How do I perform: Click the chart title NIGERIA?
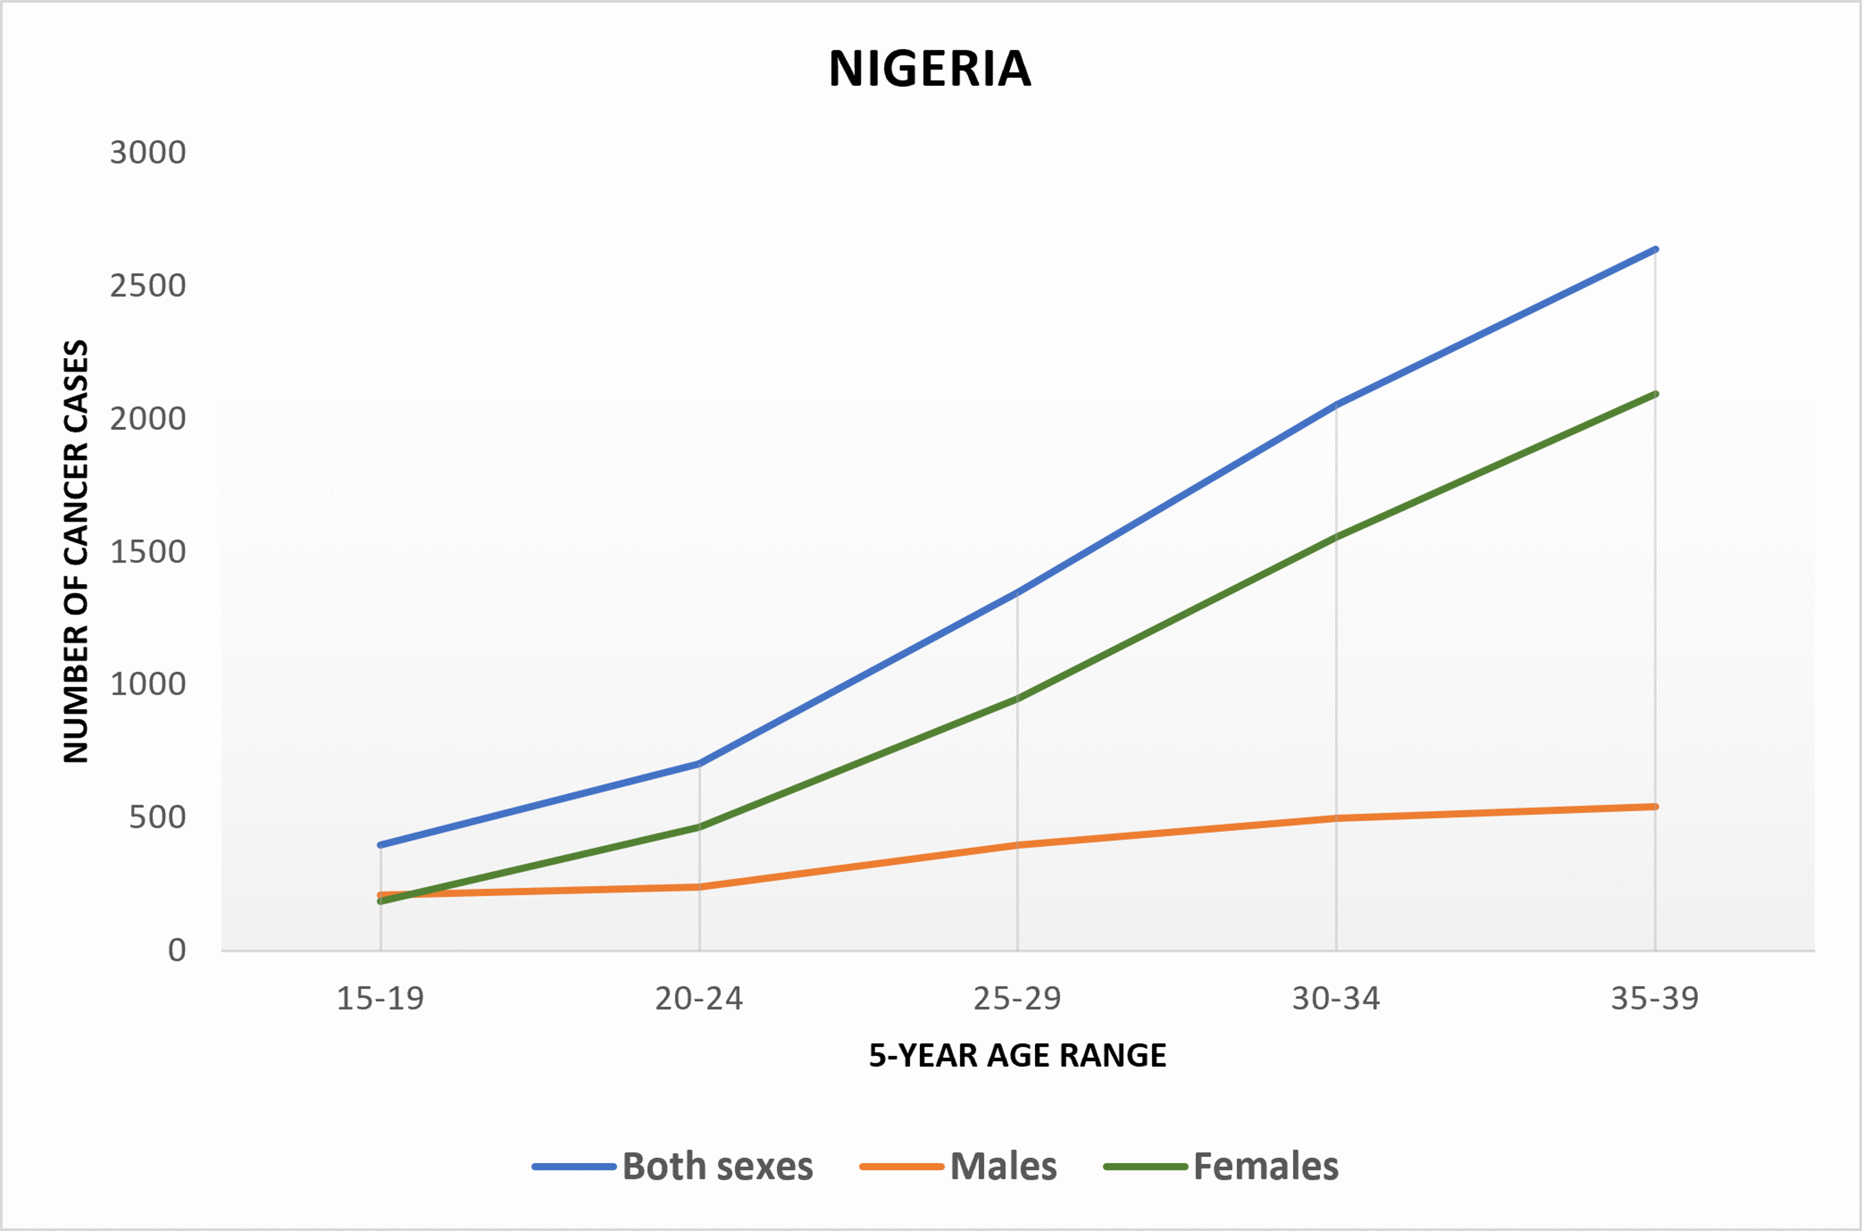(x=930, y=69)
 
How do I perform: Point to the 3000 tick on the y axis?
(x=148, y=152)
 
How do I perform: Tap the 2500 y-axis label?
(x=148, y=286)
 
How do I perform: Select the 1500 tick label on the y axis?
(x=148, y=552)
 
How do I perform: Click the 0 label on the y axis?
(x=177, y=951)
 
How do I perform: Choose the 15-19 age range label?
(x=381, y=999)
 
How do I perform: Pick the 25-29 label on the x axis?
(x=1017, y=999)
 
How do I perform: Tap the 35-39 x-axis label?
(x=1655, y=999)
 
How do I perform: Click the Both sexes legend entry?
(x=673, y=1167)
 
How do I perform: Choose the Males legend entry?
(x=959, y=1167)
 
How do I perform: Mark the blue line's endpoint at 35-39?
(x=1655, y=249)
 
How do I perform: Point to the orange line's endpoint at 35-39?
(x=1655, y=806)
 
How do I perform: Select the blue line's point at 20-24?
(x=699, y=763)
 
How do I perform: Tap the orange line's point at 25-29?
(x=1017, y=845)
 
